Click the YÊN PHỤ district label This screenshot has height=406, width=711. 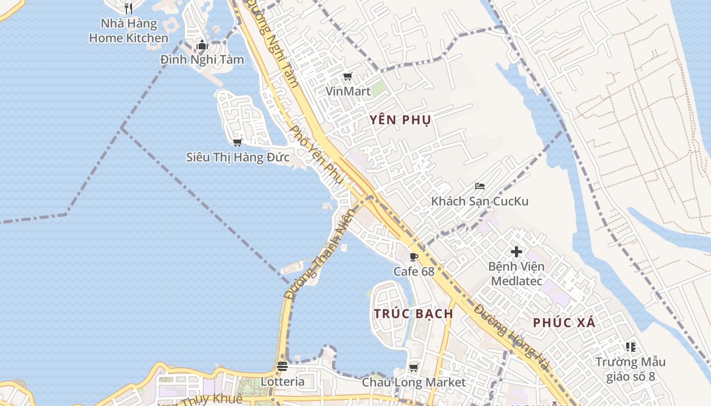(x=400, y=120)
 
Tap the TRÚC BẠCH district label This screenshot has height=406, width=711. (x=413, y=314)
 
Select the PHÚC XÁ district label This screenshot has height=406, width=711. (x=564, y=323)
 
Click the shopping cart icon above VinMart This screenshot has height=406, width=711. (x=348, y=77)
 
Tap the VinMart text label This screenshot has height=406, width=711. (x=348, y=91)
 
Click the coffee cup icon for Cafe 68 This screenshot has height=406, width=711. (x=414, y=257)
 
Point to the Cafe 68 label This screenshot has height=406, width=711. (x=414, y=272)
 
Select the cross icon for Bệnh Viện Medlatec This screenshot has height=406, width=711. (x=516, y=252)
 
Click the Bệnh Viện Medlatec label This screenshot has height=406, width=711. (x=516, y=274)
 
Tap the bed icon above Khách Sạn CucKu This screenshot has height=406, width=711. (x=480, y=186)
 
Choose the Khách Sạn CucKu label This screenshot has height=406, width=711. (x=480, y=201)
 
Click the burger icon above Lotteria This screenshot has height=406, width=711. (x=282, y=366)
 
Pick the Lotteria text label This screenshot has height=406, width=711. (x=283, y=382)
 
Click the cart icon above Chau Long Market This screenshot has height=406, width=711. (x=414, y=367)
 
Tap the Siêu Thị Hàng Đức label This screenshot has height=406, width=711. (x=238, y=157)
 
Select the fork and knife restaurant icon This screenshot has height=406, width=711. (x=128, y=8)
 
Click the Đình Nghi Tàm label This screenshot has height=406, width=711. (x=202, y=60)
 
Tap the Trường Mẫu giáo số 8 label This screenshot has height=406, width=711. (x=630, y=369)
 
